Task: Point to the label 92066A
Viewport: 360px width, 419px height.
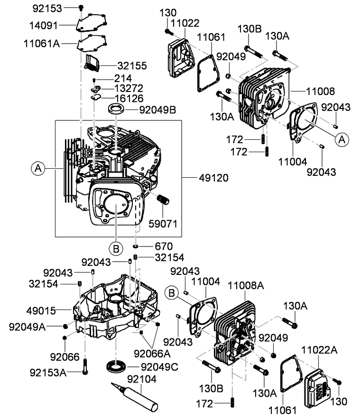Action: point(153,353)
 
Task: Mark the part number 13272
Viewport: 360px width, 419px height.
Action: point(130,88)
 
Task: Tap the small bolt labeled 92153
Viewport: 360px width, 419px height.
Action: point(81,7)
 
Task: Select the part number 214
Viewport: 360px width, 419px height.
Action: point(122,78)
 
